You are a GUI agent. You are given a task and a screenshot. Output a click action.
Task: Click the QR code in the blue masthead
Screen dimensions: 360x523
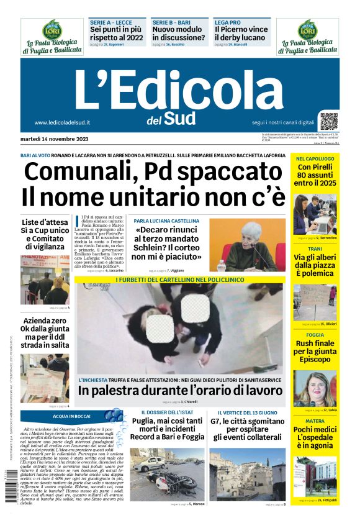(328, 121)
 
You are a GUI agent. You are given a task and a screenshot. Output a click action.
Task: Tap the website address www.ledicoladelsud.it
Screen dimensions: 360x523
(63, 123)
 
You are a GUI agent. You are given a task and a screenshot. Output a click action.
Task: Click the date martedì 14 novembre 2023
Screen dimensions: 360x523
(55, 138)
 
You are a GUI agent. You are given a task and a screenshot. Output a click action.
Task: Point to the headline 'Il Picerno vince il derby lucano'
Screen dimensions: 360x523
(241, 34)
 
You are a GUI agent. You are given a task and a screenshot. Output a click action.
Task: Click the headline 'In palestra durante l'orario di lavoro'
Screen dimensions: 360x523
(179, 391)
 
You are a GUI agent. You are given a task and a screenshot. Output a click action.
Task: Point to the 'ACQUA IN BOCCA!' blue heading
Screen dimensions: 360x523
(71, 416)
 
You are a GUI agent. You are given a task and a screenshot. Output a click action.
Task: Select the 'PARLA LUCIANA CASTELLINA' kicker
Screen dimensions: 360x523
(166, 221)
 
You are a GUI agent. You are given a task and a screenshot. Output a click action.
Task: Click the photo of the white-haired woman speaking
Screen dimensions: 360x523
(251, 244)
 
